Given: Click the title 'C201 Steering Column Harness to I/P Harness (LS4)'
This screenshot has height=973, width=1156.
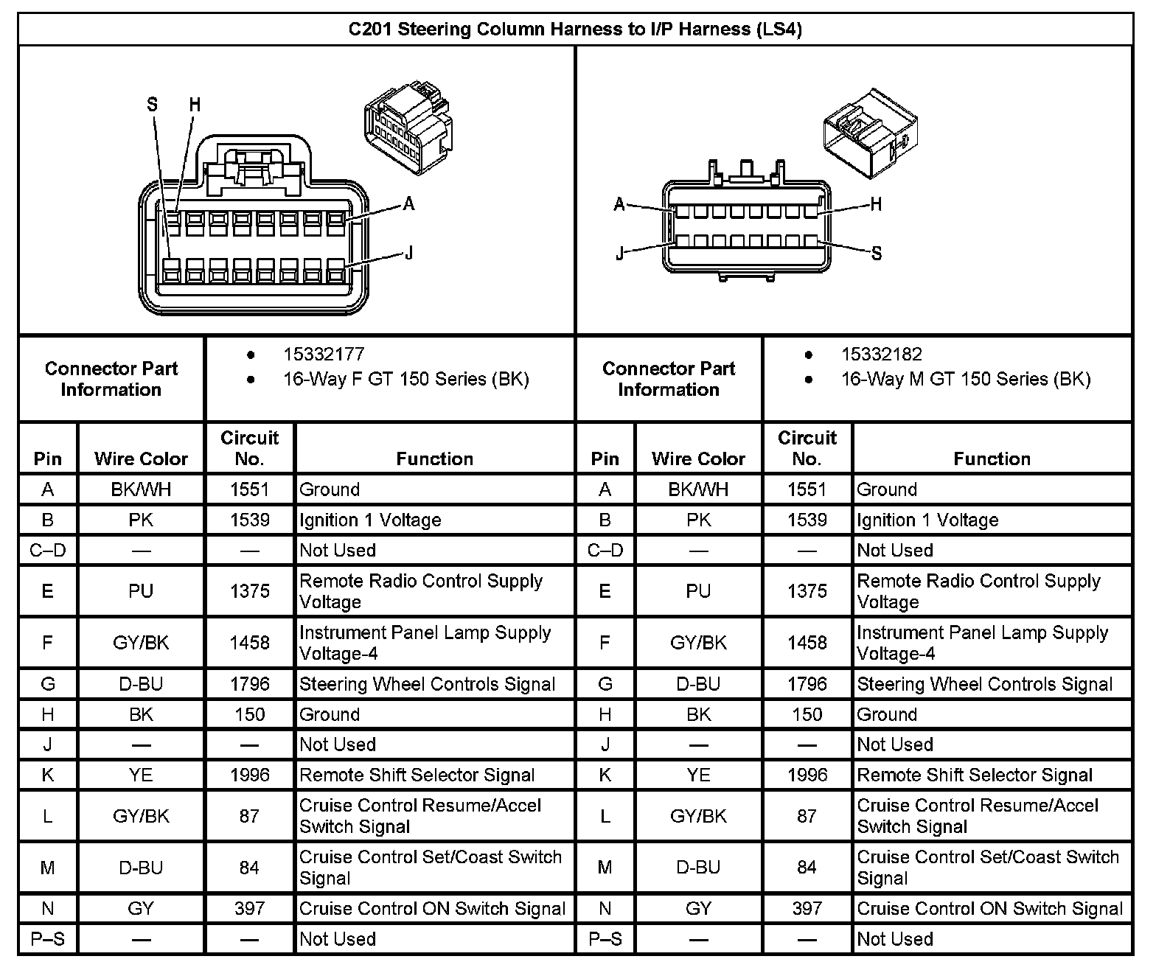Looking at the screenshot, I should coord(575,29).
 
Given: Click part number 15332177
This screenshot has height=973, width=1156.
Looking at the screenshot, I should coord(324,355).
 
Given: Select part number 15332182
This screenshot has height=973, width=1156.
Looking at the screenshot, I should coord(881,355).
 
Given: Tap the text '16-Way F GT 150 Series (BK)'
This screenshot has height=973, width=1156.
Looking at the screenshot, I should coord(405,380).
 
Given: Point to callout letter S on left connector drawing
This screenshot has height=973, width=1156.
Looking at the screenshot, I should coord(152,105).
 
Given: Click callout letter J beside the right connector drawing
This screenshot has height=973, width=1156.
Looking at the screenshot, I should coord(620,255).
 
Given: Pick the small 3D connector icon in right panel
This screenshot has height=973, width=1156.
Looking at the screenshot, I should coord(870,133).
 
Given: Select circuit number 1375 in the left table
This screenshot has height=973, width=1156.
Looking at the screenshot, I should coord(249,591).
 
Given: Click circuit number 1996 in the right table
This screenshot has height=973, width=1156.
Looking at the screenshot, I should coord(807,775).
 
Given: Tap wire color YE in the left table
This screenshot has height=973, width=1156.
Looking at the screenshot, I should coord(141,775).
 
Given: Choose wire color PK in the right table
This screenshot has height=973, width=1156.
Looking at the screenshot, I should coord(698,520).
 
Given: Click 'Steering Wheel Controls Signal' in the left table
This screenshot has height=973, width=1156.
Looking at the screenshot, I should coord(427,685).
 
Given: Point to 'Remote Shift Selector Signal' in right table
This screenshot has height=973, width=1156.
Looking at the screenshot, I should coord(974,775).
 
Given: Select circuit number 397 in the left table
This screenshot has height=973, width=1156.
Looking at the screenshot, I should coord(249,909).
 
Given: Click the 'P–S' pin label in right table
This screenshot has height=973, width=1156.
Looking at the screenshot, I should coord(605,939).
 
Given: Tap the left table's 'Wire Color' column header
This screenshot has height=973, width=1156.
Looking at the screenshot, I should coord(141,459).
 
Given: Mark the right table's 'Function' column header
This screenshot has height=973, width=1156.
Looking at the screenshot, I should coord(992,459).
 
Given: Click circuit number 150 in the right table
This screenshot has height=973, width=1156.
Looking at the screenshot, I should coord(807,715).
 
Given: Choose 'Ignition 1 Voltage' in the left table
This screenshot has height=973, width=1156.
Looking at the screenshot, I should coord(370,520).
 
